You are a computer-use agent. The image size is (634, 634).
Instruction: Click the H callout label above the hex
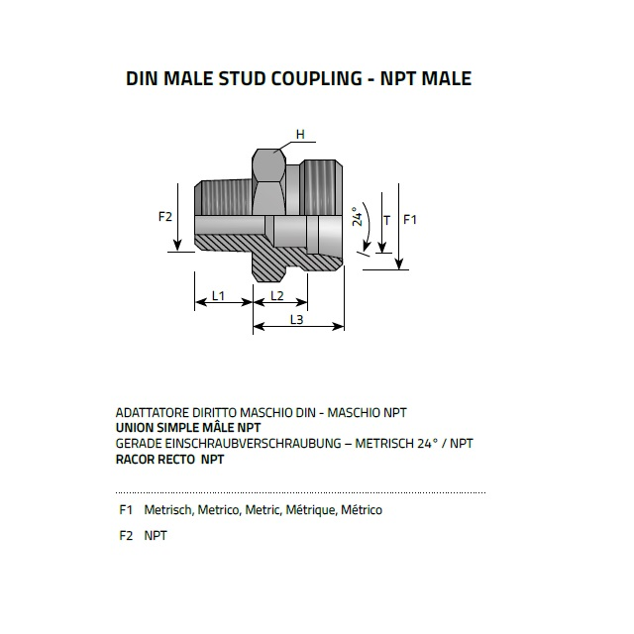click(300, 135)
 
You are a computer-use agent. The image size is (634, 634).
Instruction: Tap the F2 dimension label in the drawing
click(165, 217)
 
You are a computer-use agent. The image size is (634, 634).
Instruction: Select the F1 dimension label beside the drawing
click(409, 220)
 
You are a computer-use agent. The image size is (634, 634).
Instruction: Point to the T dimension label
click(387, 221)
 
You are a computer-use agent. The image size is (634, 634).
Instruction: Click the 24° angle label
click(357, 216)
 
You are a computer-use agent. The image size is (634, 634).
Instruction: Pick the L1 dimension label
click(218, 296)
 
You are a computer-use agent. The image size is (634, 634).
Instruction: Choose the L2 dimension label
click(277, 296)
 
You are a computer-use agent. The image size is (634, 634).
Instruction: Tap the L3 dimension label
click(297, 320)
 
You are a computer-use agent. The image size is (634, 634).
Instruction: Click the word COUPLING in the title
click(316, 78)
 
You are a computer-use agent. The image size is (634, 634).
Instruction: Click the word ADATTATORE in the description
click(153, 413)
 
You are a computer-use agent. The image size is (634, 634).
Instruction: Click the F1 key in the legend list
click(126, 510)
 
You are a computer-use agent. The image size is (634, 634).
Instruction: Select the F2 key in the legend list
click(126, 536)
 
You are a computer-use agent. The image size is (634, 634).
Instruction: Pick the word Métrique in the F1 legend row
click(310, 510)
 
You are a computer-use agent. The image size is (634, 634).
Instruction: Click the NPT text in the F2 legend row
click(156, 536)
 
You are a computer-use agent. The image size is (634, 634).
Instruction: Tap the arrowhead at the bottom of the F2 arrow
click(177, 246)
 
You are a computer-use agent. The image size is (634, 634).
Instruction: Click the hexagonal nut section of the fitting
click(268, 182)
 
